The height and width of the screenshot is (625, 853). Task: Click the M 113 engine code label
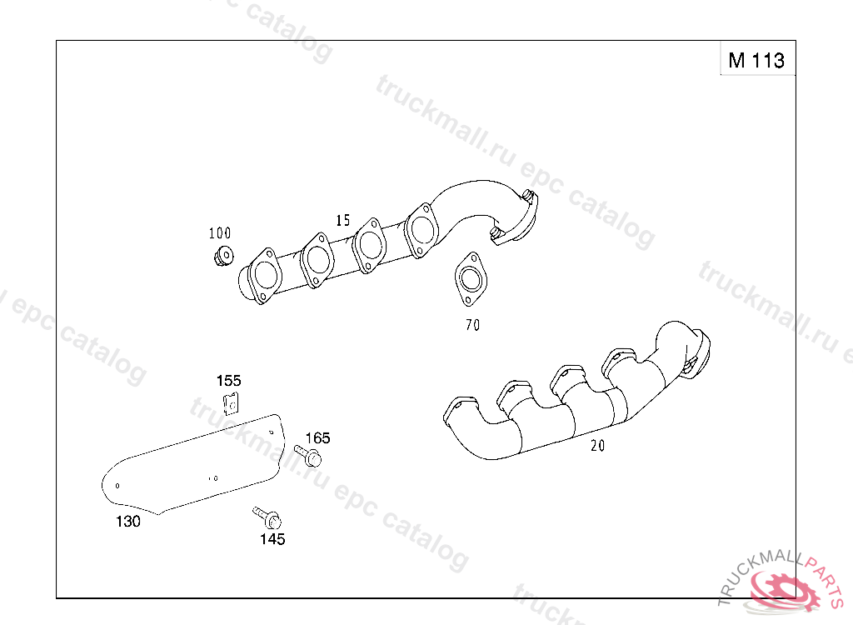756,60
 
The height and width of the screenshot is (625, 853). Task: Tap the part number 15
342,221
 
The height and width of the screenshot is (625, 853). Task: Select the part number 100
220,233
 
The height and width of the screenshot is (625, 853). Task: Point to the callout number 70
473,325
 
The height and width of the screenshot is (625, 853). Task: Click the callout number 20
597,446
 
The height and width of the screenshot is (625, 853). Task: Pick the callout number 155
228,381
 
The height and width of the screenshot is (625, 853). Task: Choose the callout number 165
317,437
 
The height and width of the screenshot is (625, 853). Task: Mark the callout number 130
127,522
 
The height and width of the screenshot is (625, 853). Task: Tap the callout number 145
272,539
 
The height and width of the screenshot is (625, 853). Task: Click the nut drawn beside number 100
223,256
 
